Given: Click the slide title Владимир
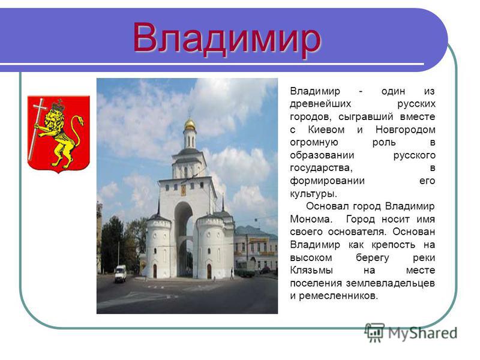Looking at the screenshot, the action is (227, 39).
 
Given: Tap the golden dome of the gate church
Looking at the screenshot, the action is (190, 124).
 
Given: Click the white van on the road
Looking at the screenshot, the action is (121, 273).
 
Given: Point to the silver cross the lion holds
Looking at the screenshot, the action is (36, 128).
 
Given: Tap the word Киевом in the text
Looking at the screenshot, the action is (326, 130).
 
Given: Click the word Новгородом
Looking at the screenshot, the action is (406, 130).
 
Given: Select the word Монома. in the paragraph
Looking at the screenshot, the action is (311, 219).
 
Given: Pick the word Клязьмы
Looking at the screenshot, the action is (311, 271).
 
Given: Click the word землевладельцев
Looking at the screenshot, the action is (391, 283).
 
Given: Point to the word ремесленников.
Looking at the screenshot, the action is (338, 296).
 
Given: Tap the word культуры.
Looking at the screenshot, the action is (313, 194).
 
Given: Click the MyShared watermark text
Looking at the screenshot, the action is (422, 333).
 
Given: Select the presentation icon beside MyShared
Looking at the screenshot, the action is (374, 332).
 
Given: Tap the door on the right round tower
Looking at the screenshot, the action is (209, 272).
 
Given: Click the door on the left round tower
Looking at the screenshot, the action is (155, 271).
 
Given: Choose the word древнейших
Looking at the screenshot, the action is (320, 104).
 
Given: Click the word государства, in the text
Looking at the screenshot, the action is (321, 169).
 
